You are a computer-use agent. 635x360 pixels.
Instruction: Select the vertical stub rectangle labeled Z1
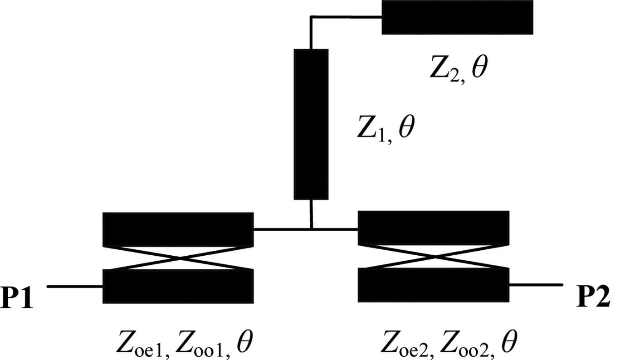coord(311,124)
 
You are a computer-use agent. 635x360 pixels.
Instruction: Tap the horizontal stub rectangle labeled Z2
coord(457,17)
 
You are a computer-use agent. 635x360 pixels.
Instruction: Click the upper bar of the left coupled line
coord(178,229)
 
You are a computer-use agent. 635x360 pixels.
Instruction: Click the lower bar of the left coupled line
coord(178,286)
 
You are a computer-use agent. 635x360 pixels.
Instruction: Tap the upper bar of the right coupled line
coord(434,228)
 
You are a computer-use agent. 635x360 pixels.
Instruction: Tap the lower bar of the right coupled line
coord(434,285)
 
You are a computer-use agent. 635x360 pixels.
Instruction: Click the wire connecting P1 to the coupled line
coord(75,287)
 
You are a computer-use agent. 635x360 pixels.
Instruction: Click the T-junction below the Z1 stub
coord(312,229)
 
